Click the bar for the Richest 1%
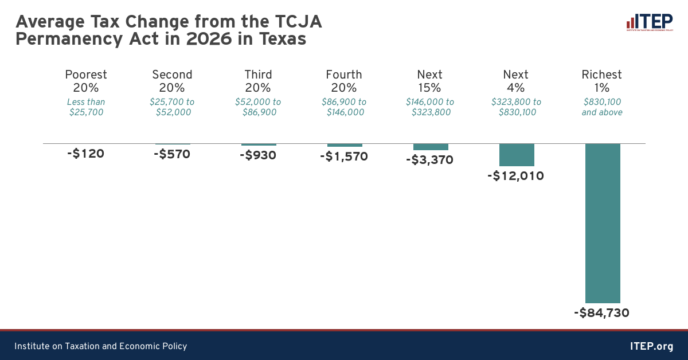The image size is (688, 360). click(603, 223)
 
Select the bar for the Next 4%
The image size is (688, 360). click(517, 155)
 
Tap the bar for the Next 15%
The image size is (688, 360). click(431, 147)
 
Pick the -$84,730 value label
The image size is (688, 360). click(601, 313)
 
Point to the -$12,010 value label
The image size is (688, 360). click(515, 175)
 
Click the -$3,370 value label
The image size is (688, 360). click(429, 160)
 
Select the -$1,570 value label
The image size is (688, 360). click(344, 156)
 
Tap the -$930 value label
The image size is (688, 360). click(258, 155)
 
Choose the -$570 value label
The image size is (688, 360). click(172, 154)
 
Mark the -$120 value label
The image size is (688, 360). click(86, 153)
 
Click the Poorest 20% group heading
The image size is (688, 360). click(86, 81)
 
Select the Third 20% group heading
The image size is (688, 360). click(258, 81)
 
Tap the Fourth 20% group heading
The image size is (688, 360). click(344, 81)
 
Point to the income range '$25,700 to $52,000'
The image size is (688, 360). click(172, 107)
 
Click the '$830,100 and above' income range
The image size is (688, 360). click(602, 107)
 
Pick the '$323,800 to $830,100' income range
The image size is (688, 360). click(516, 107)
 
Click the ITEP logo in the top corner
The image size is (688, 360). click(649, 23)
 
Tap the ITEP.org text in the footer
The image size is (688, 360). click(651, 346)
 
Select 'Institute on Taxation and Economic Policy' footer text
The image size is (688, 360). click(101, 346)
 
